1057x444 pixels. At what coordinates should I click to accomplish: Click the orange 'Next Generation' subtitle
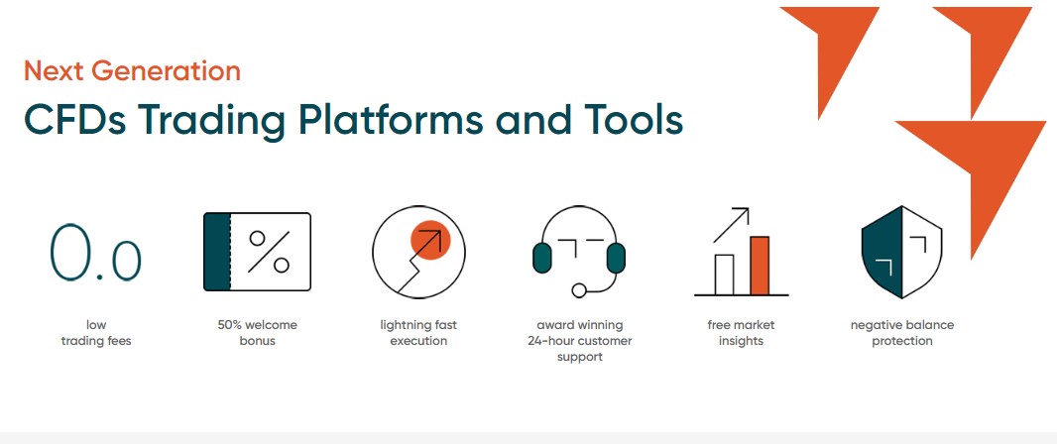(x=132, y=71)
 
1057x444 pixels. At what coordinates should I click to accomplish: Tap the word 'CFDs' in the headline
(x=73, y=119)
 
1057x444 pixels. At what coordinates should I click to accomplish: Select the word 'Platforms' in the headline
(x=391, y=119)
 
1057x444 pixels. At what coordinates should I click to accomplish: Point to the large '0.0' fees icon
(x=95, y=253)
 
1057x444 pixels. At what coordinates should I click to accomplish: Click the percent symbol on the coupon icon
(x=269, y=252)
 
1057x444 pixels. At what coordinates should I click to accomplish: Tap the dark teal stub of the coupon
(x=217, y=252)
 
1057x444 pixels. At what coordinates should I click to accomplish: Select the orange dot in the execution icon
(x=430, y=240)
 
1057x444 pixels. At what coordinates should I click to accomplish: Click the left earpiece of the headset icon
(x=542, y=258)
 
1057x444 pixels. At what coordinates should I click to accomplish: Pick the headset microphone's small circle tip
(x=578, y=290)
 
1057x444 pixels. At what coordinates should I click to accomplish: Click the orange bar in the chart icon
(x=760, y=266)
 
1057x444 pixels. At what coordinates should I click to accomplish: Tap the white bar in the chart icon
(x=724, y=275)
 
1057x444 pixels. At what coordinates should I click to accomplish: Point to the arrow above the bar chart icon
(x=731, y=225)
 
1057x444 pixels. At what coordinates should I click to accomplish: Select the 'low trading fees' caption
(x=96, y=333)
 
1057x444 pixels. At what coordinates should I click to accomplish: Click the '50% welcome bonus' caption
(x=257, y=333)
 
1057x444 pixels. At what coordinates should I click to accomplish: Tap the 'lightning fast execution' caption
(x=418, y=333)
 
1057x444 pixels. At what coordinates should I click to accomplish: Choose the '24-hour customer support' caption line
(x=580, y=341)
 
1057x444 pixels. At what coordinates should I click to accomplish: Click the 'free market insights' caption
(x=741, y=333)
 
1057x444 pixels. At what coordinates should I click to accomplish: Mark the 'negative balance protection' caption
(x=902, y=333)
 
